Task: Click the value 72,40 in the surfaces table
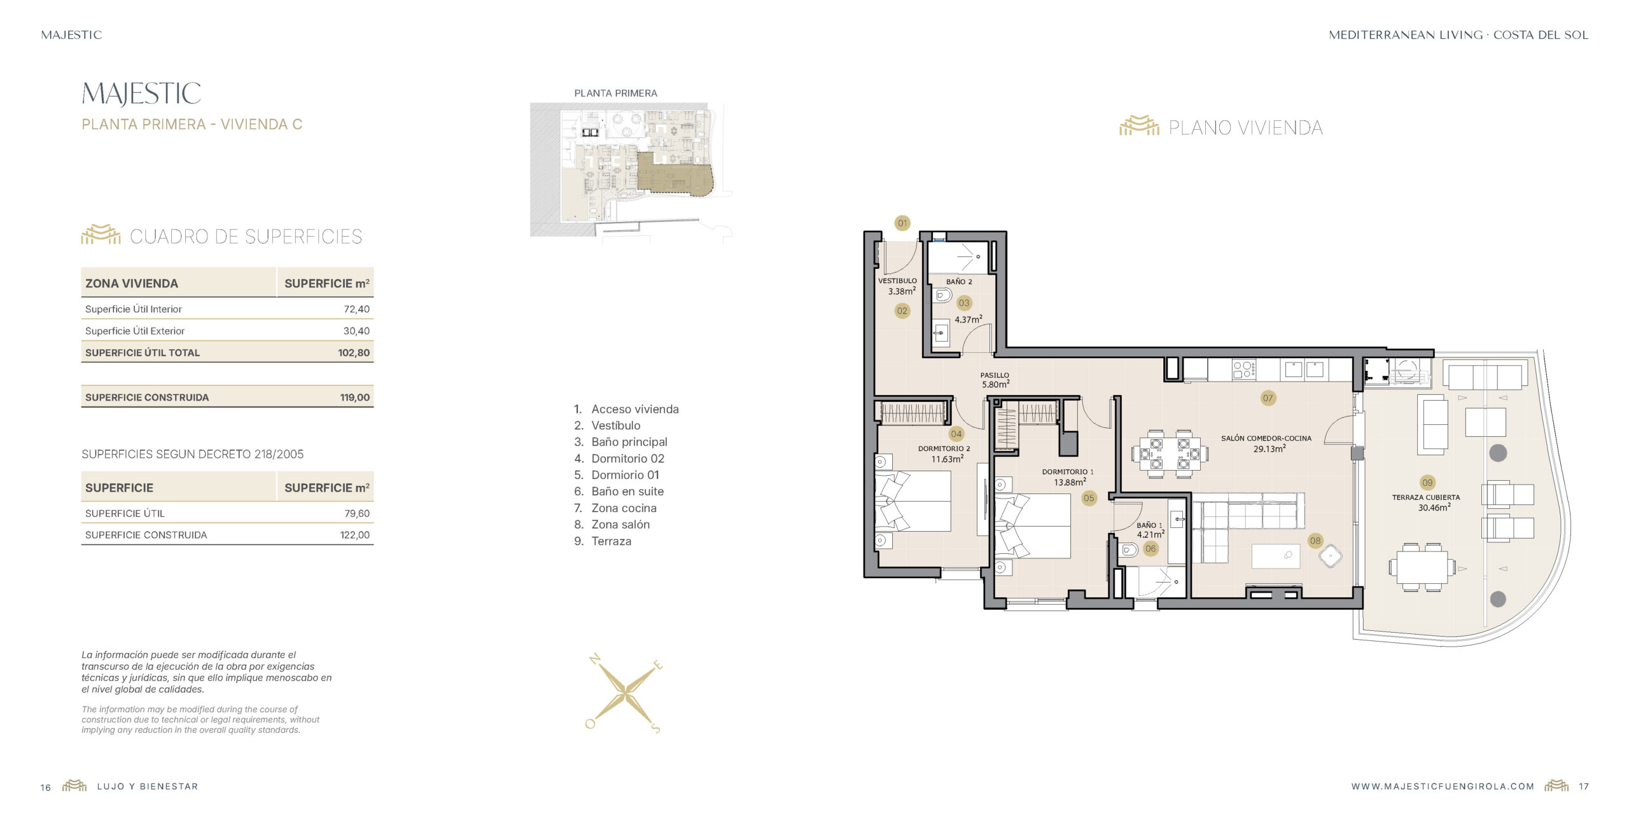(x=356, y=309)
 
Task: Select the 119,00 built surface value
(x=354, y=397)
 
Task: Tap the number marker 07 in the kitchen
(x=1268, y=398)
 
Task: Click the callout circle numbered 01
(x=902, y=223)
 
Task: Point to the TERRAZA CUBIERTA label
(x=1426, y=497)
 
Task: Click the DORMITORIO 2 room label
(x=944, y=448)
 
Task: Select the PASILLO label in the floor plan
(x=995, y=375)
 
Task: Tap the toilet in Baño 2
(x=943, y=296)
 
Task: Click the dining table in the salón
(x=1170, y=453)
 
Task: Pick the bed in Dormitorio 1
(x=1032, y=527)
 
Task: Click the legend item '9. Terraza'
(x=603, y=541)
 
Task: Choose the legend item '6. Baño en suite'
(x=619, y=492)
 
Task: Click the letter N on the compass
(x=595, y=659)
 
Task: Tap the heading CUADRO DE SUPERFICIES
(x=246, y=237)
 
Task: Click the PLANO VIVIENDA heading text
(x=1245, y=128)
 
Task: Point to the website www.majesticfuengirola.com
(x=1443, y=787)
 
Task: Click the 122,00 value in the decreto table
(x=354, y=535)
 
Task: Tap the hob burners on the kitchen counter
(x=1243, y=369)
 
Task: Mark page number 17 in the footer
(x=1583, y=787)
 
